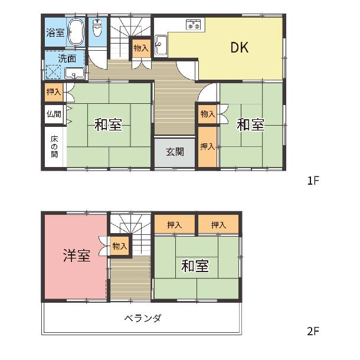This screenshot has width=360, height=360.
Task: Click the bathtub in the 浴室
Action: (76, 32)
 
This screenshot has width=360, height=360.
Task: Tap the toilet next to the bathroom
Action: (97, 27)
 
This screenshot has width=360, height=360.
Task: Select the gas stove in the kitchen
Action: (194, 25)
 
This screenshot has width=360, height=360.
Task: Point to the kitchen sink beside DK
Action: (161, 45)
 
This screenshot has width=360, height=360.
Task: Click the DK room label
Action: (239, 48)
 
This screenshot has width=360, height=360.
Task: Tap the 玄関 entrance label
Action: (175, 152)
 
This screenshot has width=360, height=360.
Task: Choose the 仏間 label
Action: (54, 114)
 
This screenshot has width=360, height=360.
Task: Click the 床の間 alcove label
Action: (54, 146)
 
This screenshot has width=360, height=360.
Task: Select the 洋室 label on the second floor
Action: (77, 256)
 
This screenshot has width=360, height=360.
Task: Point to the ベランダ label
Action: (143, 318)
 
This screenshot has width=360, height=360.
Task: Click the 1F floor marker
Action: (313, 181)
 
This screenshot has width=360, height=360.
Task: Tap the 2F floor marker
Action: (313, 331)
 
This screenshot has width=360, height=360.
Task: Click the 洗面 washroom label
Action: (67, 58)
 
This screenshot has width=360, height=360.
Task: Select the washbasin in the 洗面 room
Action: (74, 73)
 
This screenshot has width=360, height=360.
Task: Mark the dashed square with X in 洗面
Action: (53, 72)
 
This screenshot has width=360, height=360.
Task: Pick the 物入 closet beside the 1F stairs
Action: (141, 48)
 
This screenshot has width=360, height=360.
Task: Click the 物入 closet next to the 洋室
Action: (120, 246)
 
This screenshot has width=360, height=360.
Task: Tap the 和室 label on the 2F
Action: (195, 266)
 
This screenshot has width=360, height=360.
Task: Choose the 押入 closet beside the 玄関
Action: (208, 147)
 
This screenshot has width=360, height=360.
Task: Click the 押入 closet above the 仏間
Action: (54, 92)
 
